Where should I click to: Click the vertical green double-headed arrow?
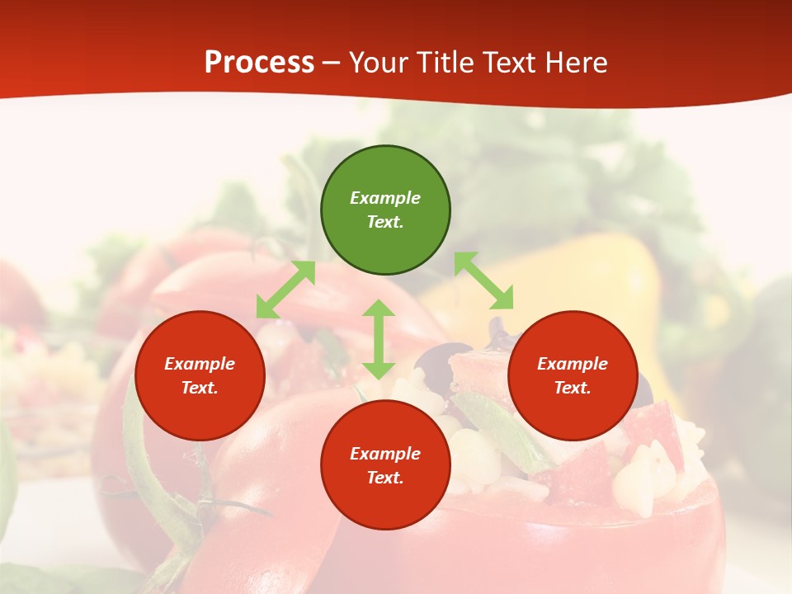379,339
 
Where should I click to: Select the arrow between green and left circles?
285,290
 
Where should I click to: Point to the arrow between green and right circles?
484,280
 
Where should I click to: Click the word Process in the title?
259,63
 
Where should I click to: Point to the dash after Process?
332,64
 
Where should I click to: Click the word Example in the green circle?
385,198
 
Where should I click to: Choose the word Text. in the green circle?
385,222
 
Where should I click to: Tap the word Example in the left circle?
200,364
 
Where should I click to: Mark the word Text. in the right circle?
573,388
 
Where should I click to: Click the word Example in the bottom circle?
385,454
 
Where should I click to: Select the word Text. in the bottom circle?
385,478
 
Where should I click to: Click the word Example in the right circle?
573,364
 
